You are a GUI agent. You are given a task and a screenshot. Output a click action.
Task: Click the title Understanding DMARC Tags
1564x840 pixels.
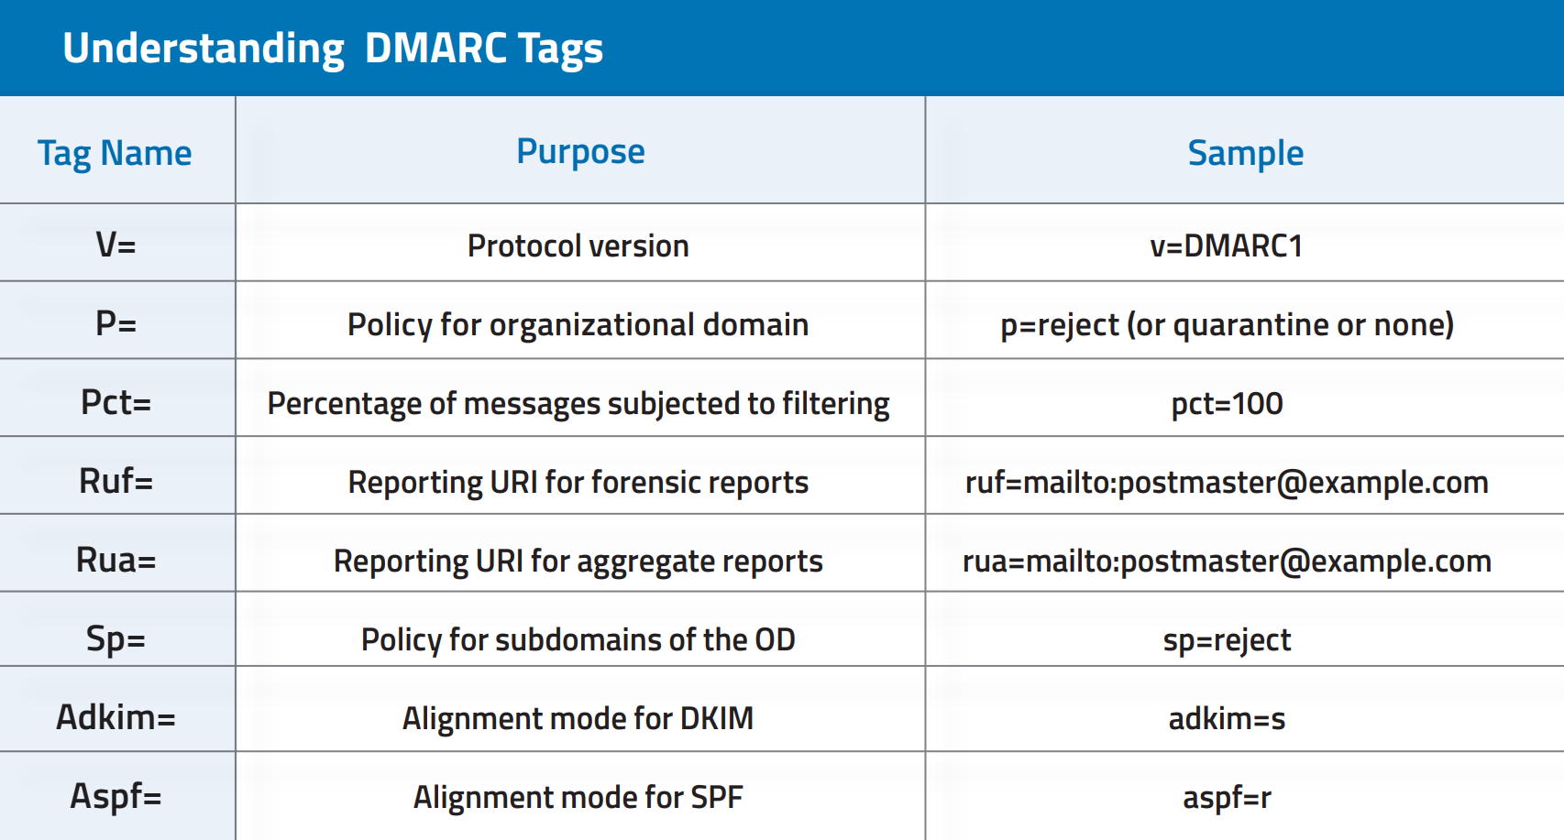[x=333, y=49]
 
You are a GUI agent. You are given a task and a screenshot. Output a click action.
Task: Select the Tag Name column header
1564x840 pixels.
[x=115, y=154]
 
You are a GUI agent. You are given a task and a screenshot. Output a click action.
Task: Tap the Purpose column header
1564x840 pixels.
[x=580, y=152]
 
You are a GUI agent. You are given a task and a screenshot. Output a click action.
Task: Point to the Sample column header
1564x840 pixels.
[x=1246, y=154]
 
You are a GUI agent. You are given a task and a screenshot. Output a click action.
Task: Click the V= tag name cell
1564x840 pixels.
[x=116, y=245]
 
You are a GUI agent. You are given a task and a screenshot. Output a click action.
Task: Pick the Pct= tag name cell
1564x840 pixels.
[x=116, y=402]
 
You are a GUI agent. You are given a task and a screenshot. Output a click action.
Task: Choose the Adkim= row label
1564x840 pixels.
[x=116, y=717]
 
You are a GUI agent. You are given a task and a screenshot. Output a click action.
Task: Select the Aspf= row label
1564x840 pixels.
[x=116, y=796]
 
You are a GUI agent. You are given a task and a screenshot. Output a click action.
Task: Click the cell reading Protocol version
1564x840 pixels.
[x=578, y=245]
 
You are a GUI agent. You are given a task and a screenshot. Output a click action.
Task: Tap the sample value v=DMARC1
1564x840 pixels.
[x=1227, y=245]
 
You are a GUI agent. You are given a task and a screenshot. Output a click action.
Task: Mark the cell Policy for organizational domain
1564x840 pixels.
[x=578, y=325]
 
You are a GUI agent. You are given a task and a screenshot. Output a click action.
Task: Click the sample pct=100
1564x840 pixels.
[x=1227, y=403]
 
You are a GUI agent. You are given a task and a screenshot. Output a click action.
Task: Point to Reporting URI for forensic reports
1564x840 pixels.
[x=578, y=482]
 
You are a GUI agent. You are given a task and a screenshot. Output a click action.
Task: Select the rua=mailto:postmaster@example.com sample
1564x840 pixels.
[x=1227, y=561]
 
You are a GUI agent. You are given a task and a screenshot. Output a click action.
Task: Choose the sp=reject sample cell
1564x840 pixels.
[x=1227, y=639]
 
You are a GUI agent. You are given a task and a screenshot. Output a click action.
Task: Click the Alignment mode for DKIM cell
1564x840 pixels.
[x=578, y=718]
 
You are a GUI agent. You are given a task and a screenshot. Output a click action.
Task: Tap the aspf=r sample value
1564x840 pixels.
[x=1227, y=797]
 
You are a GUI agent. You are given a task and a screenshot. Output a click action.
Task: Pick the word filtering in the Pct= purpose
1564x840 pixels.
[x=836, y=404]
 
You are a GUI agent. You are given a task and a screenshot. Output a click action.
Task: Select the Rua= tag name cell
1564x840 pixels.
[x=116, y=560]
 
